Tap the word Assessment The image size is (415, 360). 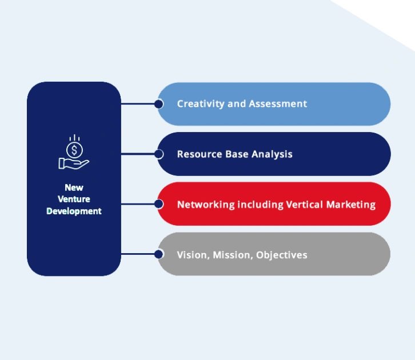coord(278,104)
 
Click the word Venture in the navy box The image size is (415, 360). coord(74,199)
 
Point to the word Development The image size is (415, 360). coord(74,211)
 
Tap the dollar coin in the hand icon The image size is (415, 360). coord(74,150)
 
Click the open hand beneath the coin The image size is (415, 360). coord(73,163)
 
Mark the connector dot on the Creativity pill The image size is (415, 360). coord(158,104)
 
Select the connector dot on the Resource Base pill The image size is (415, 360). coord(158,154)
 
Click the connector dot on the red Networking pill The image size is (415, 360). coord(158,203)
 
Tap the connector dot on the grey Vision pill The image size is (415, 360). coord(158,254)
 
